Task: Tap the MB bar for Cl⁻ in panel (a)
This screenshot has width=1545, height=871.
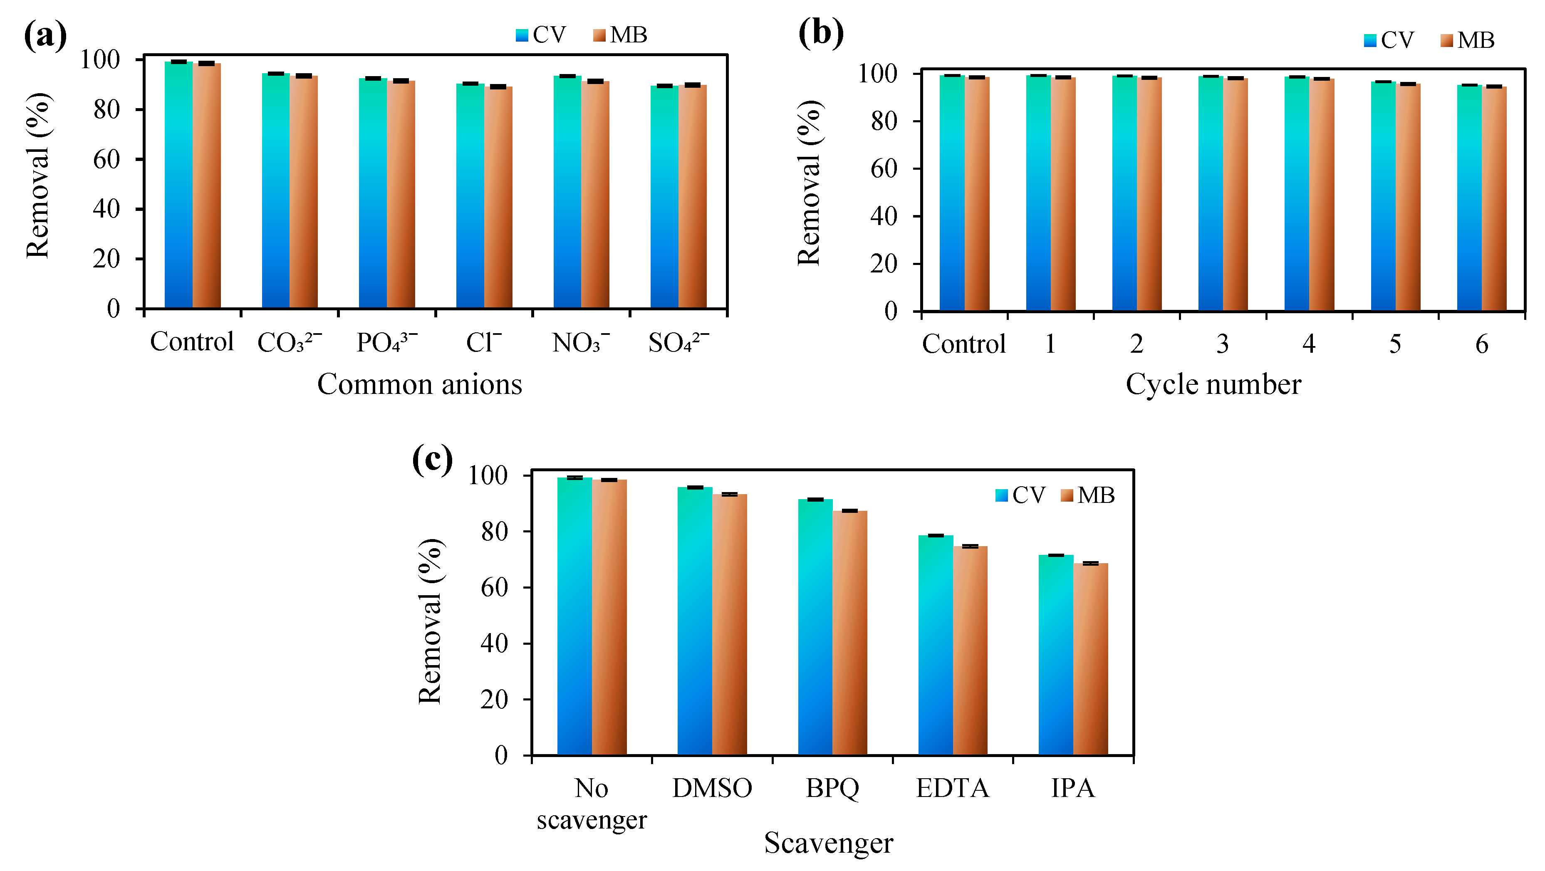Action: point(498,198)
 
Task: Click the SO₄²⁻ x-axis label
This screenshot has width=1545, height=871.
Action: point(678,342)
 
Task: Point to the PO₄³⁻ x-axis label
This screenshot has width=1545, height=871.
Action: point(386,342)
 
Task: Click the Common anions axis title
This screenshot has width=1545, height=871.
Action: point(419,384)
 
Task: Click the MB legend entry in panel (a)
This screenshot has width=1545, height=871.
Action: point(620,35)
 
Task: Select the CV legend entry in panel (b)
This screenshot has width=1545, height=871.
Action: point(1389,40)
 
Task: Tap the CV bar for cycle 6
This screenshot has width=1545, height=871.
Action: point(1469,198)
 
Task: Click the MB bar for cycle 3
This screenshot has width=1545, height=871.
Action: point(1236,195)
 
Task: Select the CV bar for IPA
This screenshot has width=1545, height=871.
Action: point(1056,654)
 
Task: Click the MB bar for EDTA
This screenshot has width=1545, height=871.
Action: point(970,651)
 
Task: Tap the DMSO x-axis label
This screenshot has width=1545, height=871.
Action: point(712,788)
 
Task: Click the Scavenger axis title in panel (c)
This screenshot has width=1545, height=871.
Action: point(828,843)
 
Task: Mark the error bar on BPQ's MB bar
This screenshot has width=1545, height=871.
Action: point(850,510)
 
